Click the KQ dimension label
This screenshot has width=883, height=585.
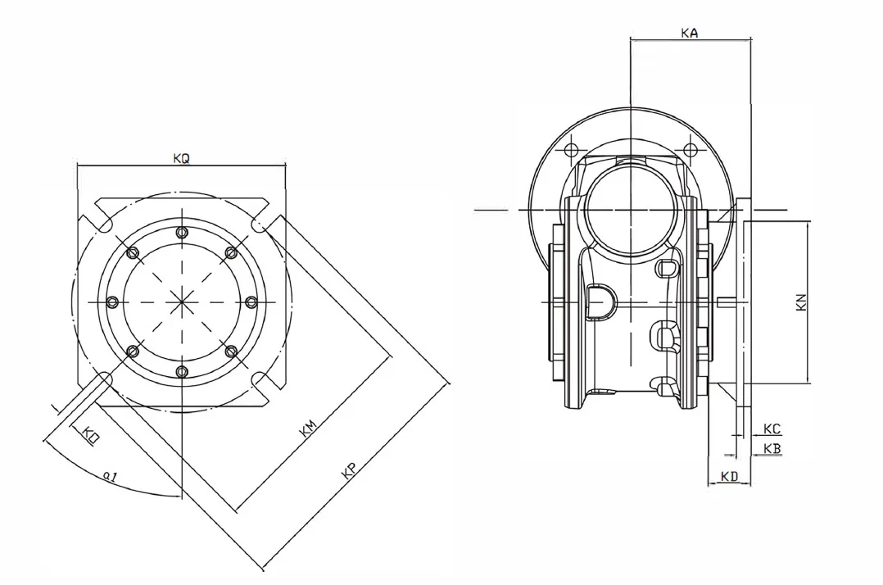181,159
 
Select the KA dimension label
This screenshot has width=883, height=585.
690,33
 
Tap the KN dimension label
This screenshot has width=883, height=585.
802,302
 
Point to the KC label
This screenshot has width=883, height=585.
772,429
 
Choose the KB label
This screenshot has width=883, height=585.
772,448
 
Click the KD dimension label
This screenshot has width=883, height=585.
729,476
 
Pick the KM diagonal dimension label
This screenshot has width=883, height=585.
309,428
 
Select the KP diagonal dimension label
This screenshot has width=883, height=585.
350,469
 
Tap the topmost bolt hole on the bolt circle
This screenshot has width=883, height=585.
182,233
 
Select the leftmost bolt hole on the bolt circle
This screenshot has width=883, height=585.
112,302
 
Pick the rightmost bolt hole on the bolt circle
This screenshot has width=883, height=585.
251,302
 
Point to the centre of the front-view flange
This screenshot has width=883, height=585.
182,302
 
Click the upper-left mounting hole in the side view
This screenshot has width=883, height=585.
572,150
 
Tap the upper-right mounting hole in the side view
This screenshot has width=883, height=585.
691,150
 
